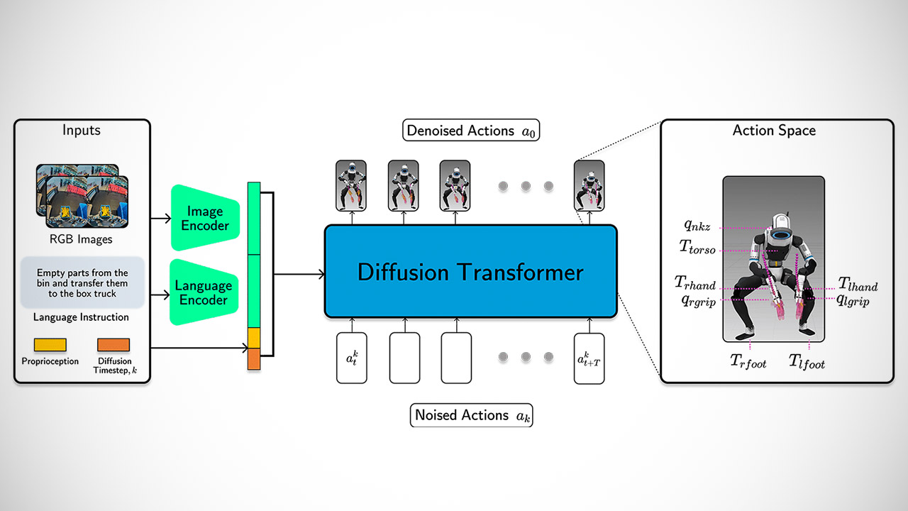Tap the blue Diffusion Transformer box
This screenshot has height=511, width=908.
[x=470, y=272]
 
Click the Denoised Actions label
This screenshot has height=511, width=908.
[x=471, y=131]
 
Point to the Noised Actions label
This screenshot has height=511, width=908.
[x=471, y=415]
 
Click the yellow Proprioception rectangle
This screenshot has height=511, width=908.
[x=50, y=345]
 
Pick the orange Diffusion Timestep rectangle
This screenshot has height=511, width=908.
[x=113, y=345]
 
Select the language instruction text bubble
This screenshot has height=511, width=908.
[x=82, y=282]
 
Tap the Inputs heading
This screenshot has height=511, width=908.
[x=82, y=131]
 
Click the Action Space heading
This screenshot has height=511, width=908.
[x=774, y=131]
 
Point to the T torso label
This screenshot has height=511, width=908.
[x=697, y=247]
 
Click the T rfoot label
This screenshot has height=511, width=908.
[x=748, y=361]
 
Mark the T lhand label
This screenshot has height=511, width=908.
[x=858, y=285]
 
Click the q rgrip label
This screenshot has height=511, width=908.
[x=699, y=301]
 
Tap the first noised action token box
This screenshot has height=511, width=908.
[x=352, y=358]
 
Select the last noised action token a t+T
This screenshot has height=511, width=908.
[x=589, y=358]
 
